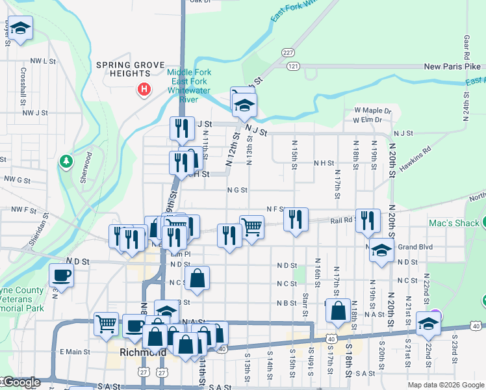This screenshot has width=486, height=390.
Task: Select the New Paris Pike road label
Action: coord(452,66)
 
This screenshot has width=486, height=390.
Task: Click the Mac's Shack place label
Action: coord(454,223)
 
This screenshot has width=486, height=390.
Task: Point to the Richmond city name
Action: coord(144,354)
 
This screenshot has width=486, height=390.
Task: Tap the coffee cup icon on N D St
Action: coord(61,274)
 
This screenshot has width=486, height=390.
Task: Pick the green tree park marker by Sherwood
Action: coord(65,161)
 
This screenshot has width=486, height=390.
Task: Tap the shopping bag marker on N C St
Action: coord(198,278)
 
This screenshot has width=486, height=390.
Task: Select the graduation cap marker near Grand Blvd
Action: coord(381,250)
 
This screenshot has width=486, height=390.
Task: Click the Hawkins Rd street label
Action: coord(415,159)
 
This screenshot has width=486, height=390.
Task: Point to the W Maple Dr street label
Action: coord(372,110)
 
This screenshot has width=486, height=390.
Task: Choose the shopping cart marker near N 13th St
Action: coord(251,227)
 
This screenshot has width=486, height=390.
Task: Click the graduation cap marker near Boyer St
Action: coord(21,29)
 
